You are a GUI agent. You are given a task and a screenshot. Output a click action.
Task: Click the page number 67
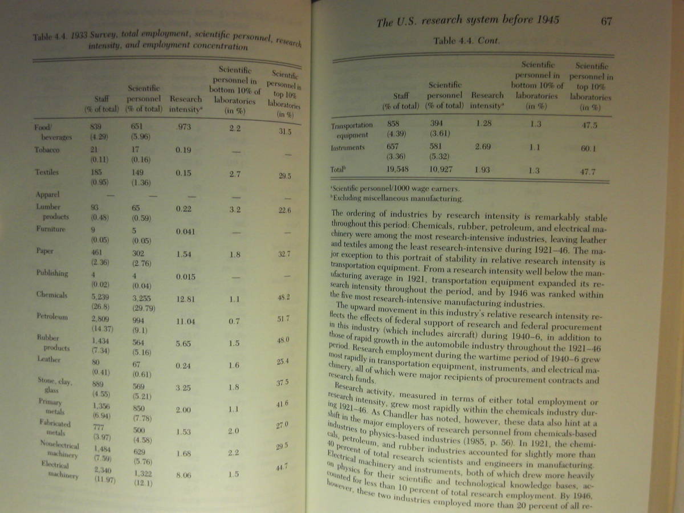tap(606, 21)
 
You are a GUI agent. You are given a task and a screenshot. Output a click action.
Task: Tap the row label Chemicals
tap(52, 295)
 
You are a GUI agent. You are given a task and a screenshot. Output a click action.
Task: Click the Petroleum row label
tap(53, 316)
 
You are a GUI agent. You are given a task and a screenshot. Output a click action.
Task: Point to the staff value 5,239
tap(100, 296)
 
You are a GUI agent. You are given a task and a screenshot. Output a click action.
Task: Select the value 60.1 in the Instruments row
tap(590, 149)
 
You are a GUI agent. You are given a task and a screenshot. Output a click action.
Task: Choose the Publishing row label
tap(52, 272)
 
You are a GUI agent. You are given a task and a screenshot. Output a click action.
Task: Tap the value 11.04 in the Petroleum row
tap(185, 321)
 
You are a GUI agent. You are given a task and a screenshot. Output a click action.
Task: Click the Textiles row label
tap(47, 171)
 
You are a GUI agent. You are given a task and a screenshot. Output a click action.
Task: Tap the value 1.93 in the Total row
tap(483, 169)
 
